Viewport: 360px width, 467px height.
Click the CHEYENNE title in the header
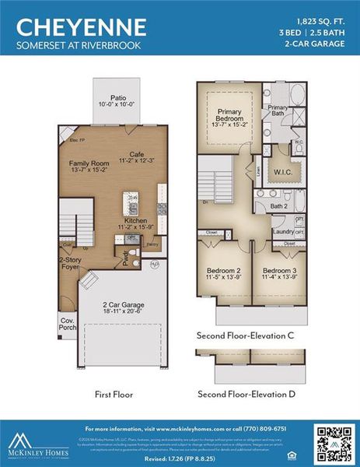[82, 27]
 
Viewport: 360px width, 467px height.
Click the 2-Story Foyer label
[70, 265]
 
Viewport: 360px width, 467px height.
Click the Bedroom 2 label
[222, 272]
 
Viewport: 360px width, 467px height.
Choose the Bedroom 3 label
[280, 272]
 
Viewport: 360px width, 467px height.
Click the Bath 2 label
[279, 206]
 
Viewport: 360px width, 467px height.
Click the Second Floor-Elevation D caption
[246, 394]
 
